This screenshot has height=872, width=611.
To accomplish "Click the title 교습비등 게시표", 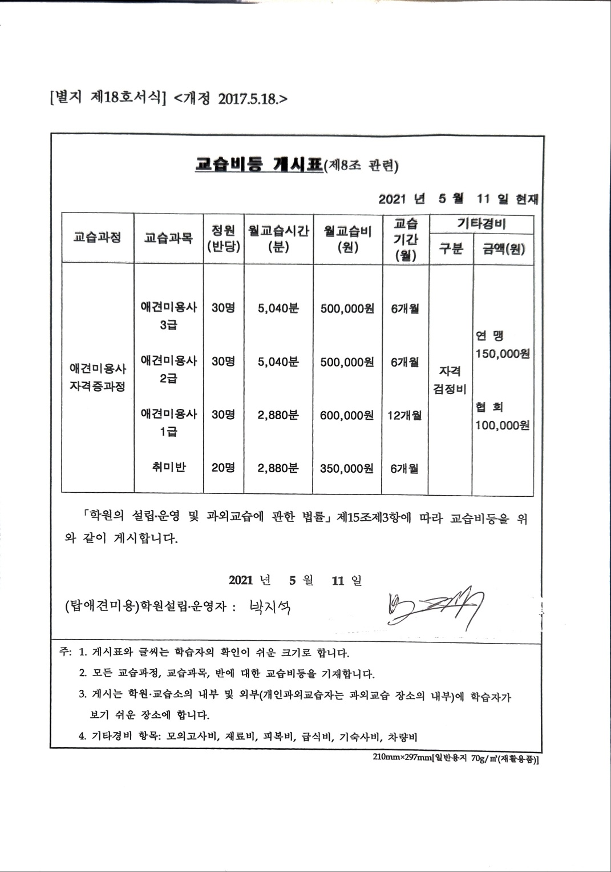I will point(258,165).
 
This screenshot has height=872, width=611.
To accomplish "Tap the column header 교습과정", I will point(97,238).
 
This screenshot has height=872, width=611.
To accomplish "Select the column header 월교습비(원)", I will point(347,239).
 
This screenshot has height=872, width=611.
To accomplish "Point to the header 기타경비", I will point(481,223).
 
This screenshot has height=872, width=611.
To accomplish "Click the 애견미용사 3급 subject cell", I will point(168,315).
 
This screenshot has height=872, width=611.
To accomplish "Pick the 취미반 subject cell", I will point(169,468).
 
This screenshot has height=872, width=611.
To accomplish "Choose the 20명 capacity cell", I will point(223,468).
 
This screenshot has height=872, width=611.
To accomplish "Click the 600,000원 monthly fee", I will point(347,415).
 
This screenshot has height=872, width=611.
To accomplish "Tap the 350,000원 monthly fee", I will point(347,468).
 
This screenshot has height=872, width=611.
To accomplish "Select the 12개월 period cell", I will point(404,415).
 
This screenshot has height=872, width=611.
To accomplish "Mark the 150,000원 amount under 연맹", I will point(503,353).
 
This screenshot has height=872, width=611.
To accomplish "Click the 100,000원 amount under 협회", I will point(502,425).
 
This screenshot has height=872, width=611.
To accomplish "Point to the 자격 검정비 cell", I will point(450,380).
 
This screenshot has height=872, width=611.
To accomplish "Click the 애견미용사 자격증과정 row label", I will point(98,377).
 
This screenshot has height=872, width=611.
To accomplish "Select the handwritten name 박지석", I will point(270,606).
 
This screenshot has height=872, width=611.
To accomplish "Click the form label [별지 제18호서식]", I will point(108,98).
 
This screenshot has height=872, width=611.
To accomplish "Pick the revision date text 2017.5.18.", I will point(249,99).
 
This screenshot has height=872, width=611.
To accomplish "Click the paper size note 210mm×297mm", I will point(402,757).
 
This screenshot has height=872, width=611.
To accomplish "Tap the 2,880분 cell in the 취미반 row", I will point(278,468).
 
